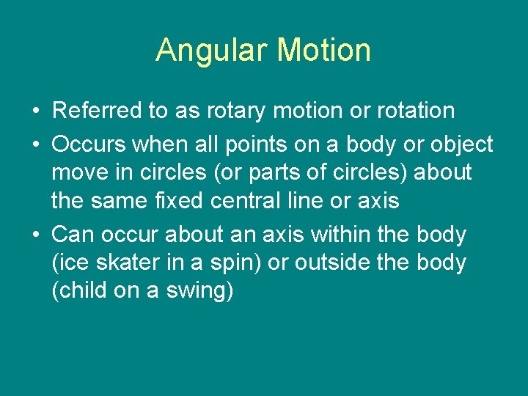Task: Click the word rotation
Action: click(416, 111)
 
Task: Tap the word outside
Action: click(333, 263)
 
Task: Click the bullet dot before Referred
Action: click(36, 111)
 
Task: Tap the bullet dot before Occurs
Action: click(36, 144)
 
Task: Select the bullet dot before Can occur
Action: click(36, 235)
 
